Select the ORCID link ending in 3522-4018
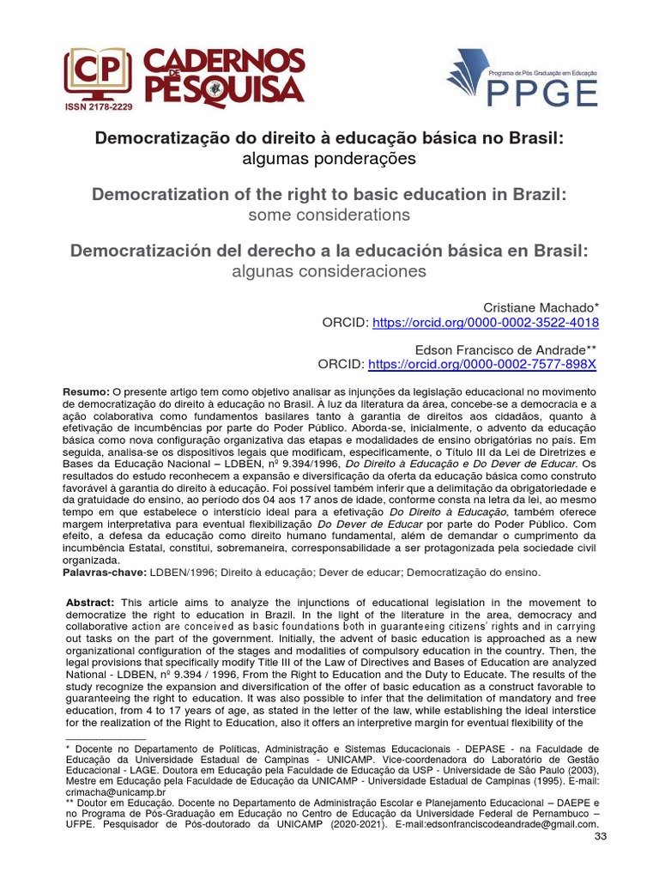point(484,323)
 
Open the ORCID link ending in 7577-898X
point(482,364)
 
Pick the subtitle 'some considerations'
point(329,215)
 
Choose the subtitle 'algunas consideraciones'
point(329,271)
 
